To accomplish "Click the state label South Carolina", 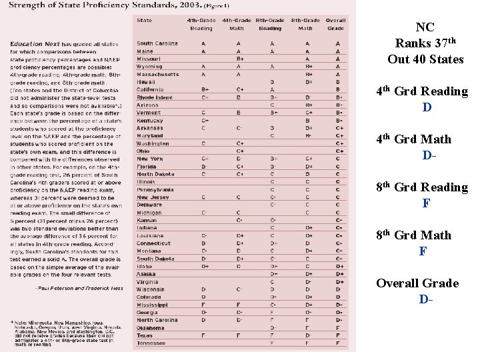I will [157, 43].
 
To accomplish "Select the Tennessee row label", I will [151, 343].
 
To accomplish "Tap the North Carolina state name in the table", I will [157, 320].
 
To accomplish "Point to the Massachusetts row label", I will [158, 74].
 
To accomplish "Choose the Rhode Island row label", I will [154, 97].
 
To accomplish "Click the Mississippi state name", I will [151, 305].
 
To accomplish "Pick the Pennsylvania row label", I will [155, 189].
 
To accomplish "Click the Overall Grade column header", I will [337, 25].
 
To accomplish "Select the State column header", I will [144, 21].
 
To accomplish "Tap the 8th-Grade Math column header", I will [305, 25].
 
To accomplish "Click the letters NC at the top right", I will [425, 27].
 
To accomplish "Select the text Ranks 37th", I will [425, 43].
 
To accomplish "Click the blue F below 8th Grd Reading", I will [425, 203].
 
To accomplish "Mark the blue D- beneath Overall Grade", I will [426, 299].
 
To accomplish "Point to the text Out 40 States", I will [425, 59].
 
